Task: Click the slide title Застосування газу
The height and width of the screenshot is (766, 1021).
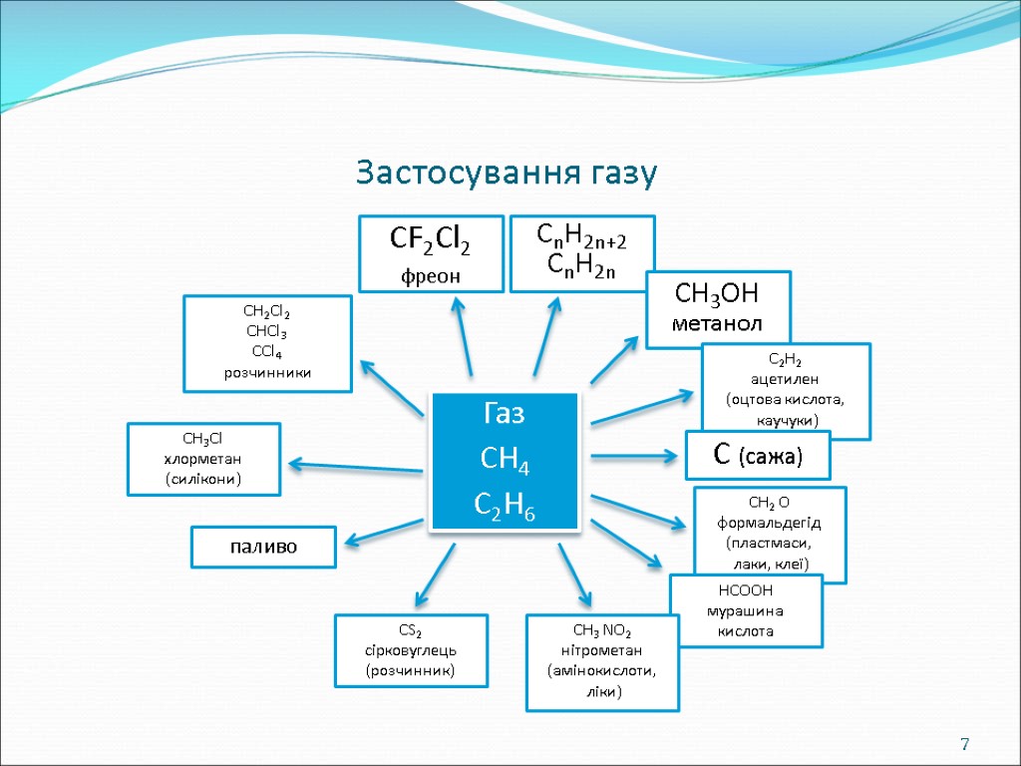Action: tap(508, 174)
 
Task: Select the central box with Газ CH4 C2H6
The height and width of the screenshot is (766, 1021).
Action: tap(505, 461)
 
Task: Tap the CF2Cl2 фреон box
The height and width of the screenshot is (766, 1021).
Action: tap(431, 253)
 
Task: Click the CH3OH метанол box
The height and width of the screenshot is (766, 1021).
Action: tap(718, 308)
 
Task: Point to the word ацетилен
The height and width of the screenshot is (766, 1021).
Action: tap(786, 380)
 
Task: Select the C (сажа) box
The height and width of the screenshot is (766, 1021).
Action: tap(759, 455)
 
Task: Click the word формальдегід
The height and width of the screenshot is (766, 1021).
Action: tap(769, 524)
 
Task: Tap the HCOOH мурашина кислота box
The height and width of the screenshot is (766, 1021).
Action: tap(746, 610)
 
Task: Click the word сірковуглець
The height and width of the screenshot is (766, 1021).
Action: tap(411, 650)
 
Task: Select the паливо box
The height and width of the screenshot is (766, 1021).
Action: tap(263, 547)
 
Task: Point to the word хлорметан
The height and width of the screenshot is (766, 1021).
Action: tap(202, 458)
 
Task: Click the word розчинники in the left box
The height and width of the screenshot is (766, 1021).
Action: tap(267, 372)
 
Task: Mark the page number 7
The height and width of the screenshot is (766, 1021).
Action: tap(964, 744)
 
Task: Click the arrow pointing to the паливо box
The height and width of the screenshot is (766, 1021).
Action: tap(384, 532)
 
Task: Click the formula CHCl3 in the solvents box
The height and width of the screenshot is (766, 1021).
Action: tap(266, 331)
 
